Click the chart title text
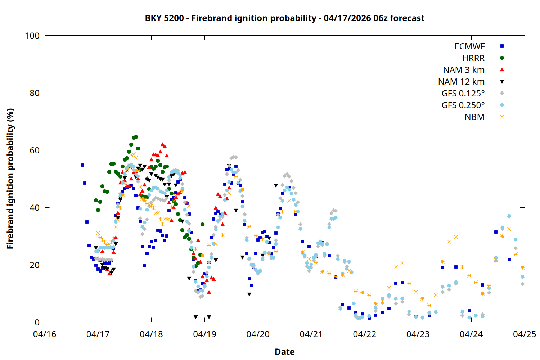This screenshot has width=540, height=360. tap(284, 18)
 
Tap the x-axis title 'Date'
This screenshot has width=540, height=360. tap(284, 352)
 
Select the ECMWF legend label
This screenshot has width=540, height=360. tap(469, 46)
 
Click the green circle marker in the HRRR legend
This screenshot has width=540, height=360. tap(502, 58)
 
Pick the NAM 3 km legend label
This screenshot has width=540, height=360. tap(464, 70)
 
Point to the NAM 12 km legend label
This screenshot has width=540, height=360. tap(461, 82)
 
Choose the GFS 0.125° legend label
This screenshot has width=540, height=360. tap(463, 94)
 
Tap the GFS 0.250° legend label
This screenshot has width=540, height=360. tap(463, 105)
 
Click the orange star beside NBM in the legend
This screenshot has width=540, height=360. tap(502, 117)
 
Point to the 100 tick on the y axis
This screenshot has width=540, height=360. tap(32, 36)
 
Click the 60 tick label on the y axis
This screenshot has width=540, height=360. tap(35, 150)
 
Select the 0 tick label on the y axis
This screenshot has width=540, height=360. tap(37, 322)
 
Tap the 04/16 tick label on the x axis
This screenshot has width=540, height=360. tap(45, 334)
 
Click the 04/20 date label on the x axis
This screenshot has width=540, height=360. tap(258, 334)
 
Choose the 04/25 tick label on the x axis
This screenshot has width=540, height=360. tap(524, 334)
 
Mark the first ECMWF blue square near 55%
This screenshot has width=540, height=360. tap(82, 165)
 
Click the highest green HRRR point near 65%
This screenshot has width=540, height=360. tap(136, 137)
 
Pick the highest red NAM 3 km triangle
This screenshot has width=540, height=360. tap(162, 144)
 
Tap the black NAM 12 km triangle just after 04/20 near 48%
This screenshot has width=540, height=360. tap(276, 186)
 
